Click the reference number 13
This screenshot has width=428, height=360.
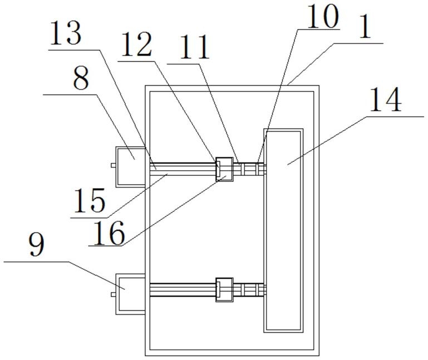pyautogui.click(x=66, y=35)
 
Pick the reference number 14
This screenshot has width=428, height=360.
pyautogui.click(x=384, y=101)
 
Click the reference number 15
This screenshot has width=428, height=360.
pyautogui.click(x=88, y=200)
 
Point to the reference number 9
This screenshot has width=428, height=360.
pyautogui.click(x=37, y=245)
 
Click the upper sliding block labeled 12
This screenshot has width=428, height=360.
pyautogui.click(x=224, y=168)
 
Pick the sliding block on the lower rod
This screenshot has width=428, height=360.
pyautogui.click(x=224, y=289)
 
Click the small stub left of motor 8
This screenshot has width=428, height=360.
pyautogui.click(x=113, y=165)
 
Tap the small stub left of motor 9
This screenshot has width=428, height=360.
pyautogui.click(x=113, y=293)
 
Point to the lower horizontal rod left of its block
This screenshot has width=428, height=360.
pyautogui.click(x=181, y=289)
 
